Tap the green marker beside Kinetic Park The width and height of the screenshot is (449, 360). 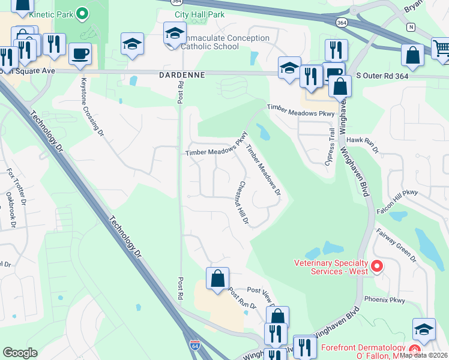point(83,12)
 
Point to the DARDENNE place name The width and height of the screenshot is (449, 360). point(182,75)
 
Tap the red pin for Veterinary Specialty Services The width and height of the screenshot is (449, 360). point(377,265)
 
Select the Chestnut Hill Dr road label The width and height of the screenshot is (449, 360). point(243,203)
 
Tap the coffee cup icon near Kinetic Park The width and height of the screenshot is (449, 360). point(80,55)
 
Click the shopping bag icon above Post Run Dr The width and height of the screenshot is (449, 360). point(217,278)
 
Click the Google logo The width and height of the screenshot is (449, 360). point(20,353)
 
